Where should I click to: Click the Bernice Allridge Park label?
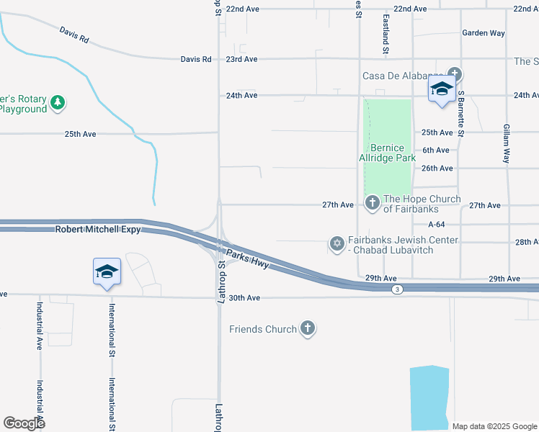point(388,153)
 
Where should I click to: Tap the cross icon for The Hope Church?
point(373,204)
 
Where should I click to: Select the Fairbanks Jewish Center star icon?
point(337,244)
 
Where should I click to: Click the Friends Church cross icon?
point(308,329)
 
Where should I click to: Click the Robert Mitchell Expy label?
point(97,230)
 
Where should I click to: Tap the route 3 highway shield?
point(397,289)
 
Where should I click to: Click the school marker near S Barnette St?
point(441,90)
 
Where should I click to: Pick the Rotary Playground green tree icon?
point(58,104)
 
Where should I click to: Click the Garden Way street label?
point(484,33)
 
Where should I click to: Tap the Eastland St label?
point(386,34)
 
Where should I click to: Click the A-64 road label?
point(437,224)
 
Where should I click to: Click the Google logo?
point(24,423)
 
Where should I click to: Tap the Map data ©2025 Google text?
point(494,426)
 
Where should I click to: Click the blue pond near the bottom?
point(429,396)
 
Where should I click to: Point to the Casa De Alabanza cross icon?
point(454,73)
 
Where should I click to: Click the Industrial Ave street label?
point(40,324)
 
